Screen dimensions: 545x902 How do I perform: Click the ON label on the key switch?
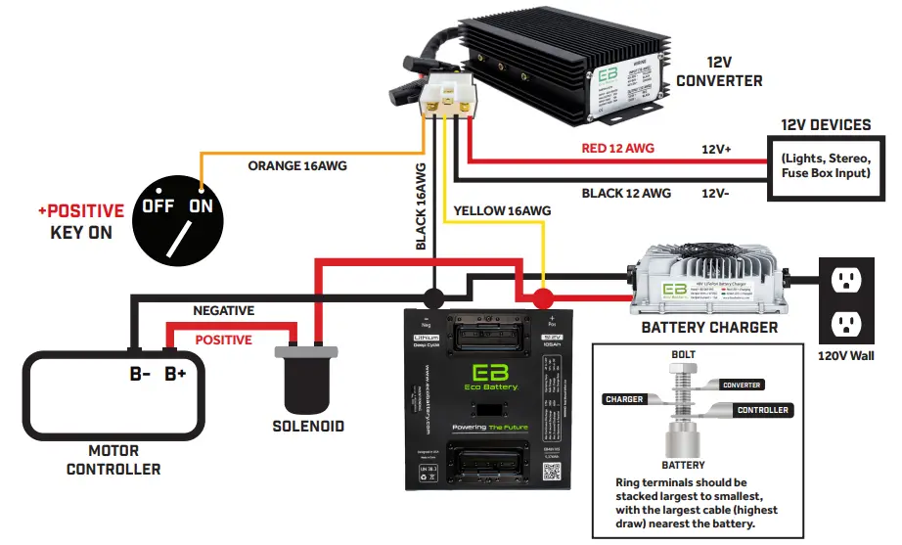point(201,206)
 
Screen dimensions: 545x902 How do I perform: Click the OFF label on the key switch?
point(158,206)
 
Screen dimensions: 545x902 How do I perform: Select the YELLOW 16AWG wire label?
point(502,210)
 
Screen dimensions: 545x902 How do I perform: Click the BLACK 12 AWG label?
point(626,193)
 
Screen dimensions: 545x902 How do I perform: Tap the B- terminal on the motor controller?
point(140,374)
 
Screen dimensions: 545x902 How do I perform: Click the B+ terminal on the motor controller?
point(175,374)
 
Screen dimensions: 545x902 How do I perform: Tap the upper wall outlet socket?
point(845,282)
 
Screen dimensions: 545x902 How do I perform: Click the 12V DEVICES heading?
point(826,125)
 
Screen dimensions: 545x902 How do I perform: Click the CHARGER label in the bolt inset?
point(624,399)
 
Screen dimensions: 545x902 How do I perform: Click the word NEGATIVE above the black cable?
point(223,311)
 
